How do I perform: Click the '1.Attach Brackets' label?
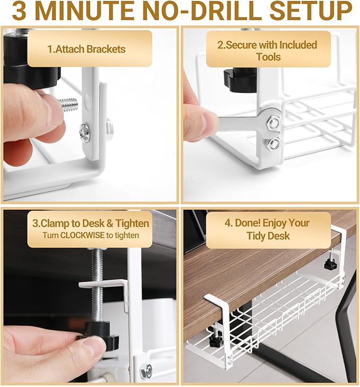[86, 49]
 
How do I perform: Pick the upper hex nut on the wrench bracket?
[273, 123]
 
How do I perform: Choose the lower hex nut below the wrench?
[274, 143]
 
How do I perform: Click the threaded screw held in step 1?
[67, 104]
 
